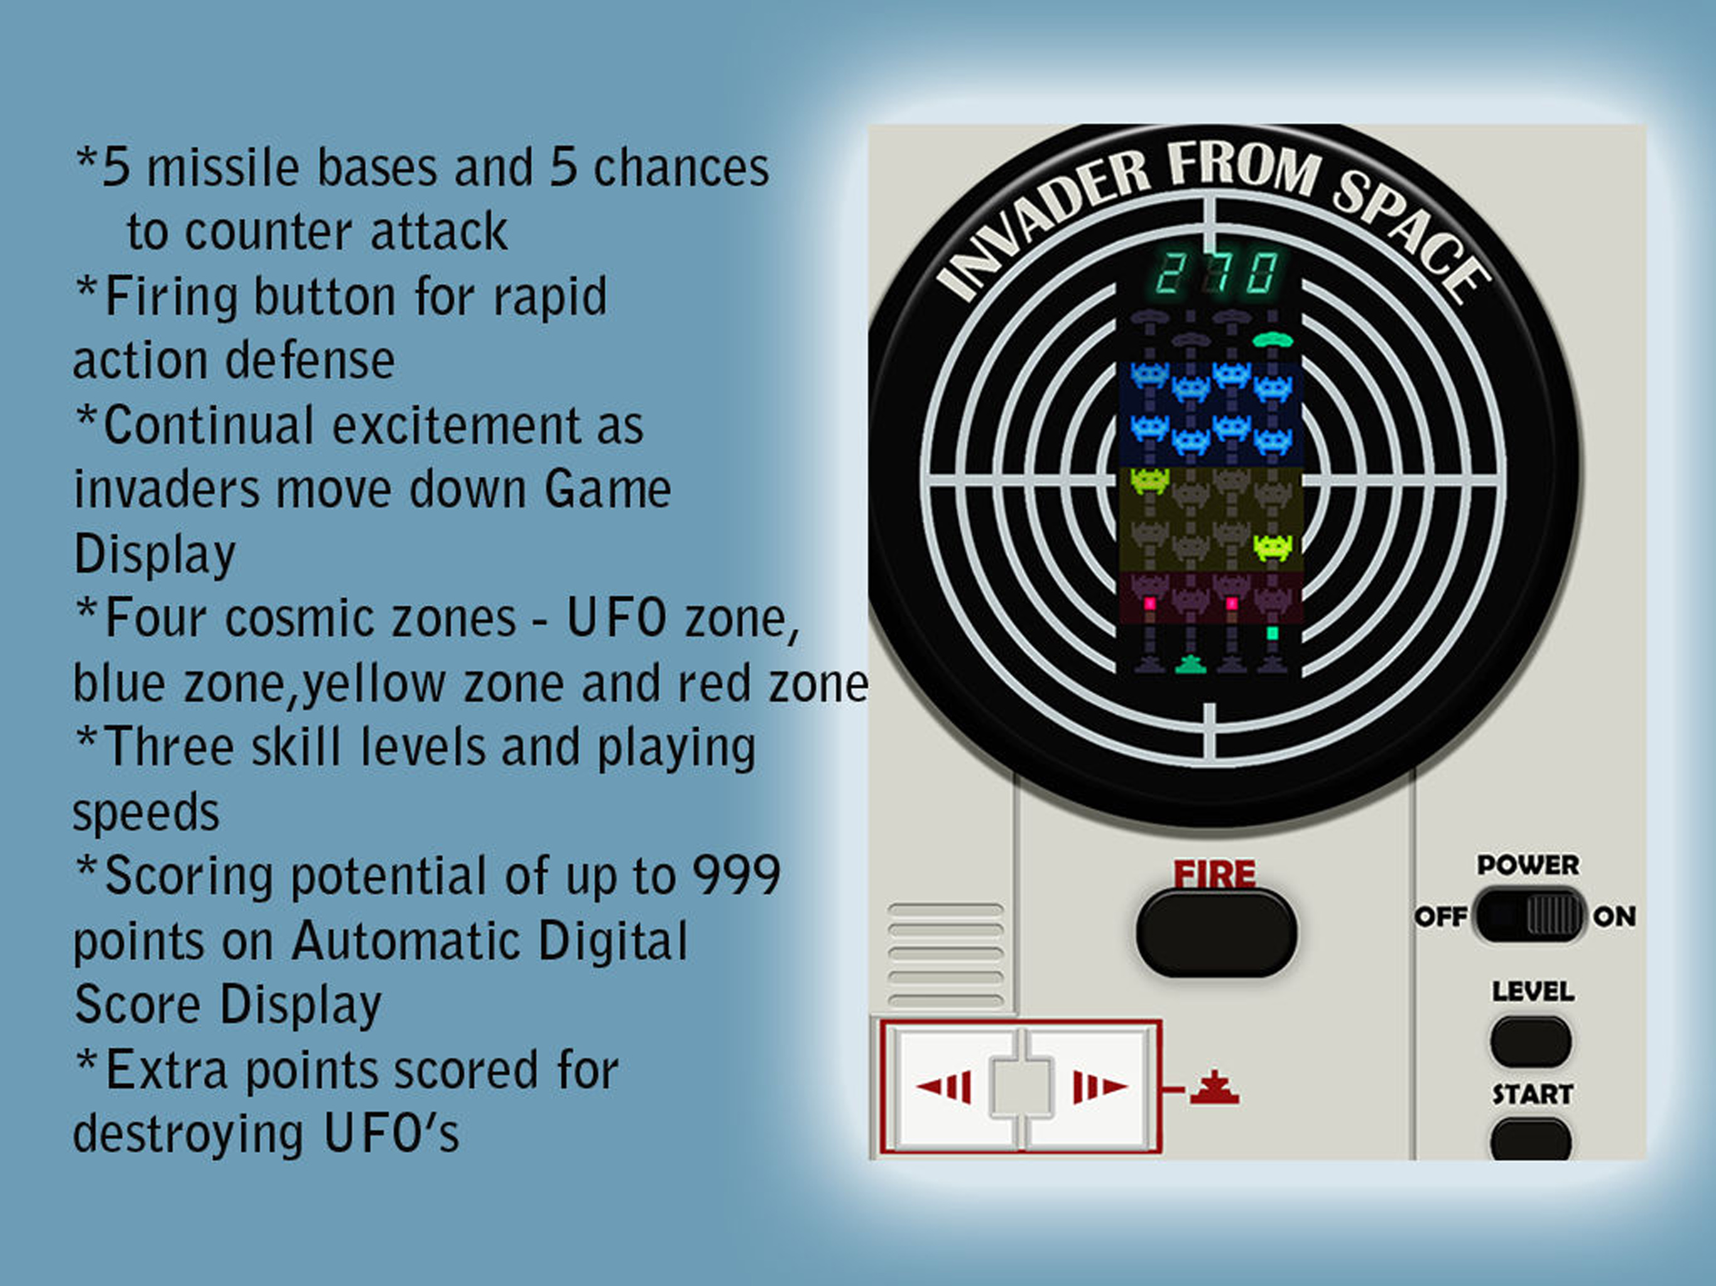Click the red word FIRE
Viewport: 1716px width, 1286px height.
[1214, 874]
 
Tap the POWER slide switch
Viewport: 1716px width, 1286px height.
[1528, 916]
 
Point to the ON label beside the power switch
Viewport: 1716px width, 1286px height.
[1614, 917]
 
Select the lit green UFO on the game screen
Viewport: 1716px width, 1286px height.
[1273, 339]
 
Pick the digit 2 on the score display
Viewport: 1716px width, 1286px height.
[1168, 273]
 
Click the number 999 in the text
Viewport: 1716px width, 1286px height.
[736, 876]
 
